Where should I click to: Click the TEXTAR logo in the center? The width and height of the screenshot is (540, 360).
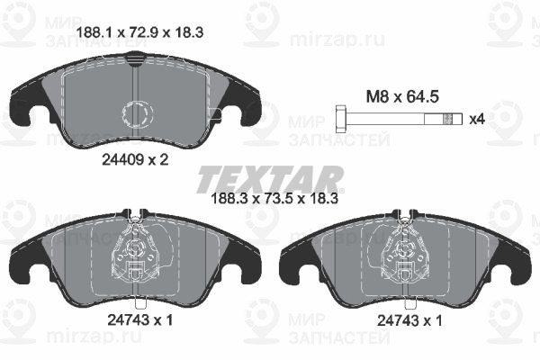(270, 179)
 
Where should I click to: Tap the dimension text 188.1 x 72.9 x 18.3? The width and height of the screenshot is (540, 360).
(139, 32)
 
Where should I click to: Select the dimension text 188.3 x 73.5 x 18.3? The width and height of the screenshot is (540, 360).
(274, 198)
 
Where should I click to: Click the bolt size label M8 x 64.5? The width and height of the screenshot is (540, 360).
(402, 96)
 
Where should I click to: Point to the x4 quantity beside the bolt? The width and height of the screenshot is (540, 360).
(477, 120)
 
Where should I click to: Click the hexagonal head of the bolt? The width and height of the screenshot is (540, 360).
(341, 120)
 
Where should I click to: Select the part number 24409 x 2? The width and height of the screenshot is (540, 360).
(135, 159)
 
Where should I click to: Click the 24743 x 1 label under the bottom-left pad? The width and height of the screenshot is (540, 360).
(139, 320)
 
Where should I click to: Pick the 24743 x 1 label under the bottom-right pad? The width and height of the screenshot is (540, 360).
(409, 321)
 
